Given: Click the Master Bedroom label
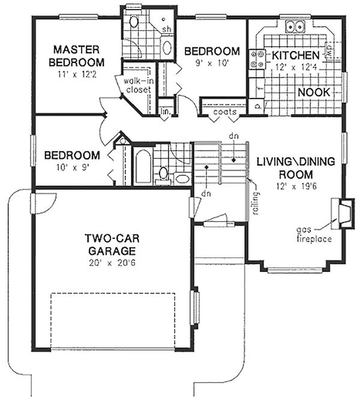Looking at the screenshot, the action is pos(76,56).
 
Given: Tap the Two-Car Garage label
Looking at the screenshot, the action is pos(112,245).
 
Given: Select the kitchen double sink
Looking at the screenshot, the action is pos(295,26).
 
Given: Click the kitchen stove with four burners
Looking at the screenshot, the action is pos(257,59).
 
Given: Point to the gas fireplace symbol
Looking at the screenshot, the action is pos(343,213).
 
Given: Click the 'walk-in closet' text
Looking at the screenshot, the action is pos(139,85).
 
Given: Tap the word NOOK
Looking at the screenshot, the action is pos(314,92).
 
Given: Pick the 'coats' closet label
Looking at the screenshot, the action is pos(225,112).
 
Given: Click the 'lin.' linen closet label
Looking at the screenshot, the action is pos(166,111).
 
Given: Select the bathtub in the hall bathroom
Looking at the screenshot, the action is pos(143,166).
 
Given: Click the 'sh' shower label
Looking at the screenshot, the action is pos(167,29).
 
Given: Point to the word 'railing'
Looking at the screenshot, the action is pos(256,203).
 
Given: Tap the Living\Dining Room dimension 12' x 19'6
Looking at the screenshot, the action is pos(296,187).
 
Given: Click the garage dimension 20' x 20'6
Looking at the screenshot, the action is pos(112,263).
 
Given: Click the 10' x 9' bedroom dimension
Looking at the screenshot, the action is pos(72,167).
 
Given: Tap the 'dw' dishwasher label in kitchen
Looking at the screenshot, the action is pos(328,50).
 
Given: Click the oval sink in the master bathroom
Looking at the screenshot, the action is pos(167,47).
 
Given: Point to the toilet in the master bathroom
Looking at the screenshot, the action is pos(133,22).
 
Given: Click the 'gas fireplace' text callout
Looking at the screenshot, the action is pos(314,234).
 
